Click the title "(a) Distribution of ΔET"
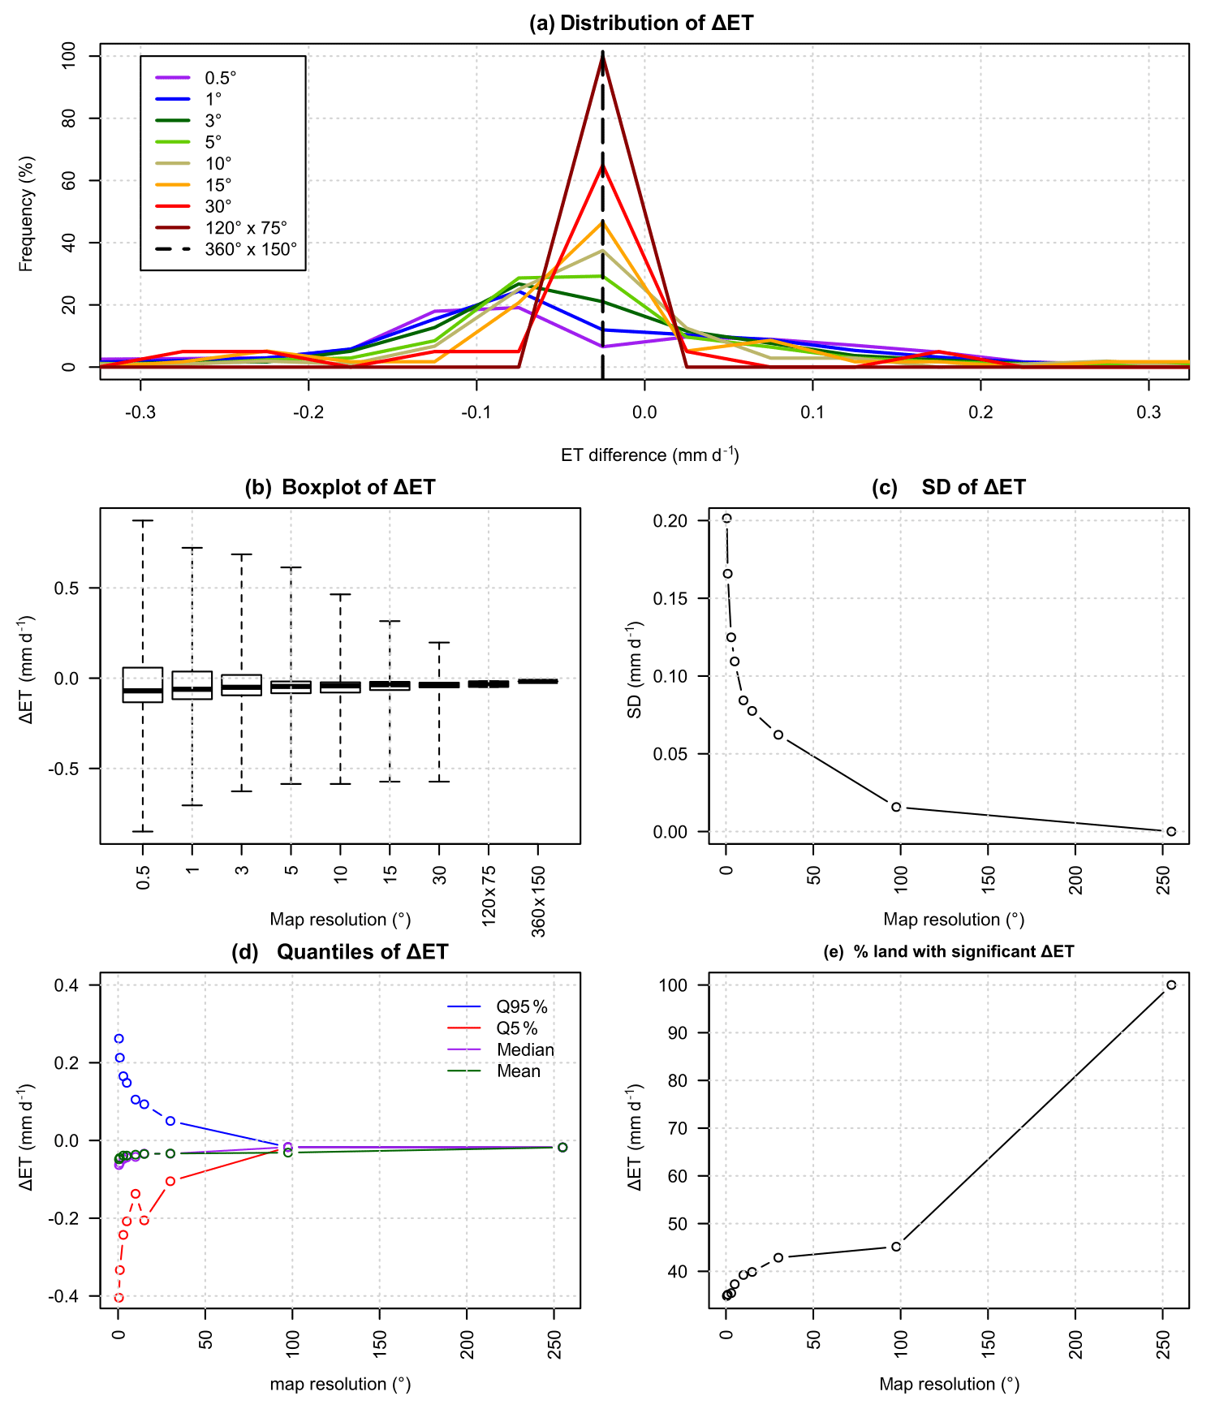pos(641,23)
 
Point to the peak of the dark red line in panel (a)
pos(602,54)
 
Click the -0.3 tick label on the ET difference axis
pos(140,412)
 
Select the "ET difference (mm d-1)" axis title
pos(649,455)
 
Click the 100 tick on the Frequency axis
pos(69,56)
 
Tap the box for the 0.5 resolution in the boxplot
pos(143,685)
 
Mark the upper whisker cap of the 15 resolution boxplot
pos(390,621)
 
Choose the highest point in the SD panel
pos(727,519)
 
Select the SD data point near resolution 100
pos(896,807)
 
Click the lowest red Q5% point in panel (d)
pos(119,1298)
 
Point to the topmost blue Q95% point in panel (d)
pos(119,1039)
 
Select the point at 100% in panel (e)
pos(1170,985)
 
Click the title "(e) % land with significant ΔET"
pos(948,951)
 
